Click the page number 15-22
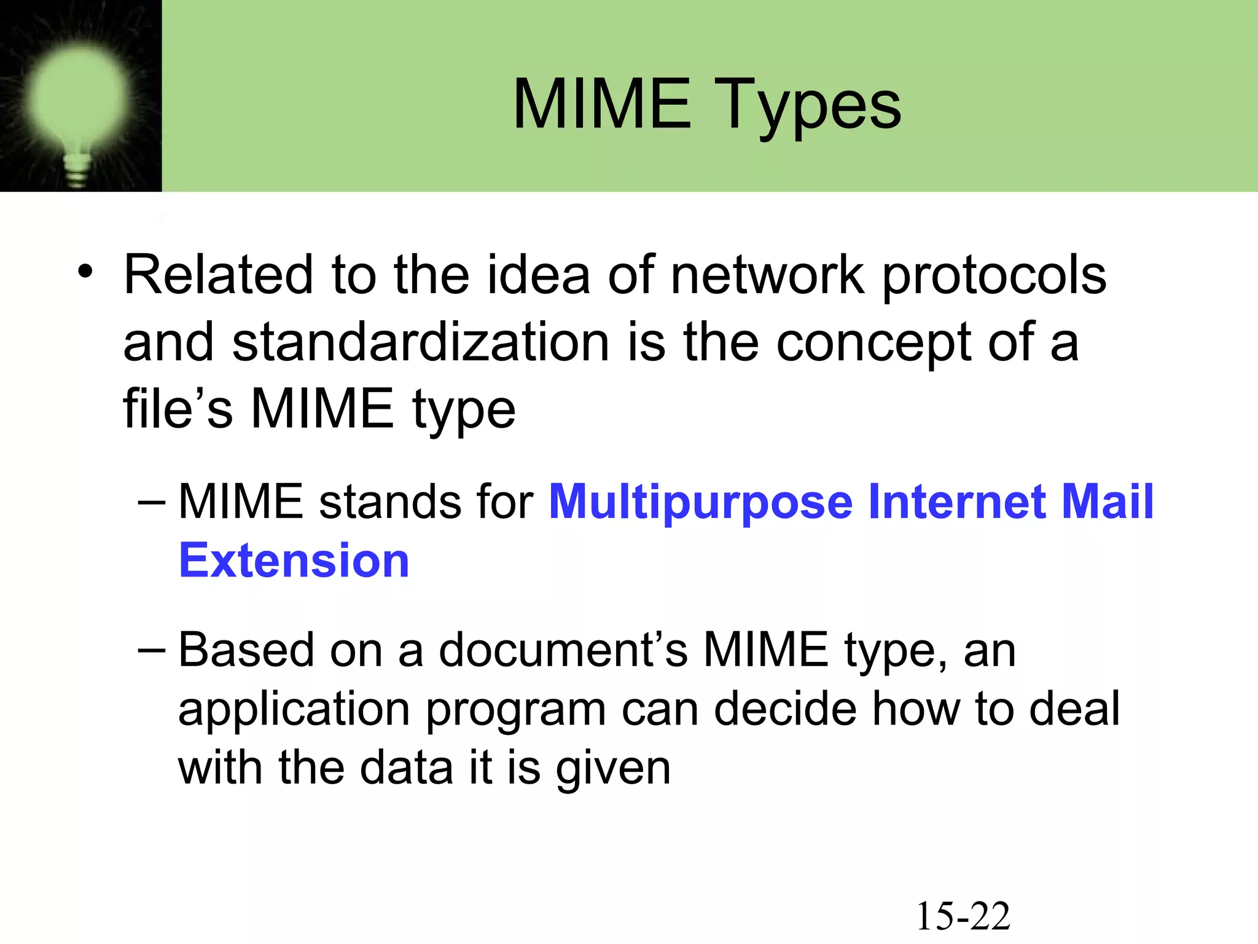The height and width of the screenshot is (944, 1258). tap(963, 916)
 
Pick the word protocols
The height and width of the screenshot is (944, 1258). tap(994, 277)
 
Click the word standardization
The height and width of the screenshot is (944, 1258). tap(421, 342)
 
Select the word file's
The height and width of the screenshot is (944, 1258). tap(178, 409)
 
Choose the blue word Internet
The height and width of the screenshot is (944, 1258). tap(956, 502)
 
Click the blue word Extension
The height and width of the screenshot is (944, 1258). tap(294, 560)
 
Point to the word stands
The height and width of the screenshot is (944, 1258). tap(389, 502)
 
